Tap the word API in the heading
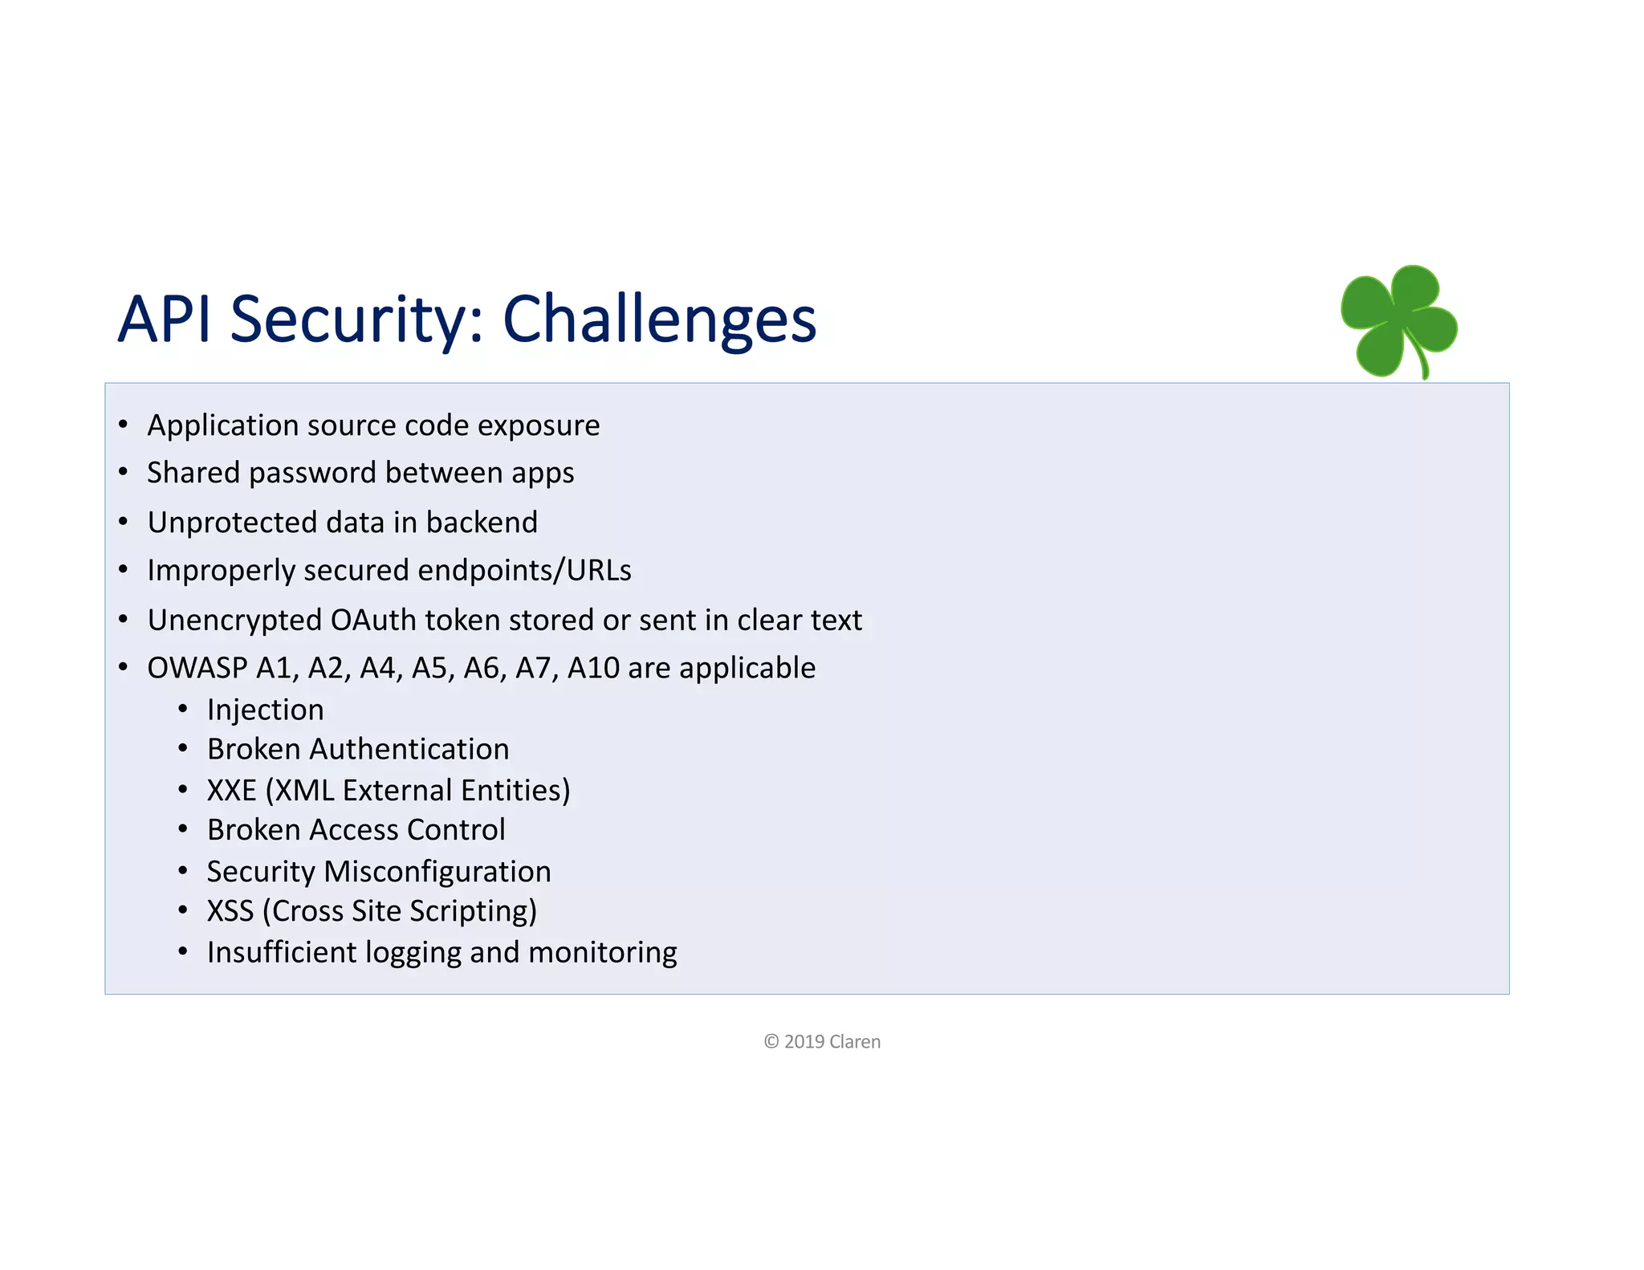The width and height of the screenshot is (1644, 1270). (x=165, y=320)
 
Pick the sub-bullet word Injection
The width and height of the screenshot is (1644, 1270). (x=265, y=710)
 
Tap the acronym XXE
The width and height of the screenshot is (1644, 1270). (x=231, y=790)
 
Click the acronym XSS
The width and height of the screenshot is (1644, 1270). (x=230, y=911)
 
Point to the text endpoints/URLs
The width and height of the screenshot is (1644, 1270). (x=524, y=570)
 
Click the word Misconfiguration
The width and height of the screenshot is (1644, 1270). (x=437, y=872)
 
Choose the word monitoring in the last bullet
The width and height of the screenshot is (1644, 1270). (x=602, y=952)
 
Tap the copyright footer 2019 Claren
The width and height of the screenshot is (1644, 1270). (x=822, y=1042)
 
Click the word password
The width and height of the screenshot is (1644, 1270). (x=313, y=473)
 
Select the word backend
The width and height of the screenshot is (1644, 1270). (x=482, y=523)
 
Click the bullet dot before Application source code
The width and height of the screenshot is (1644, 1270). (x=123, y=424)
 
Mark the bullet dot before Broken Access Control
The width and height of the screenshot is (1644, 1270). (x=183, y=828)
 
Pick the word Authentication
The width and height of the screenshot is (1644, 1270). (x=409, y=749)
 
